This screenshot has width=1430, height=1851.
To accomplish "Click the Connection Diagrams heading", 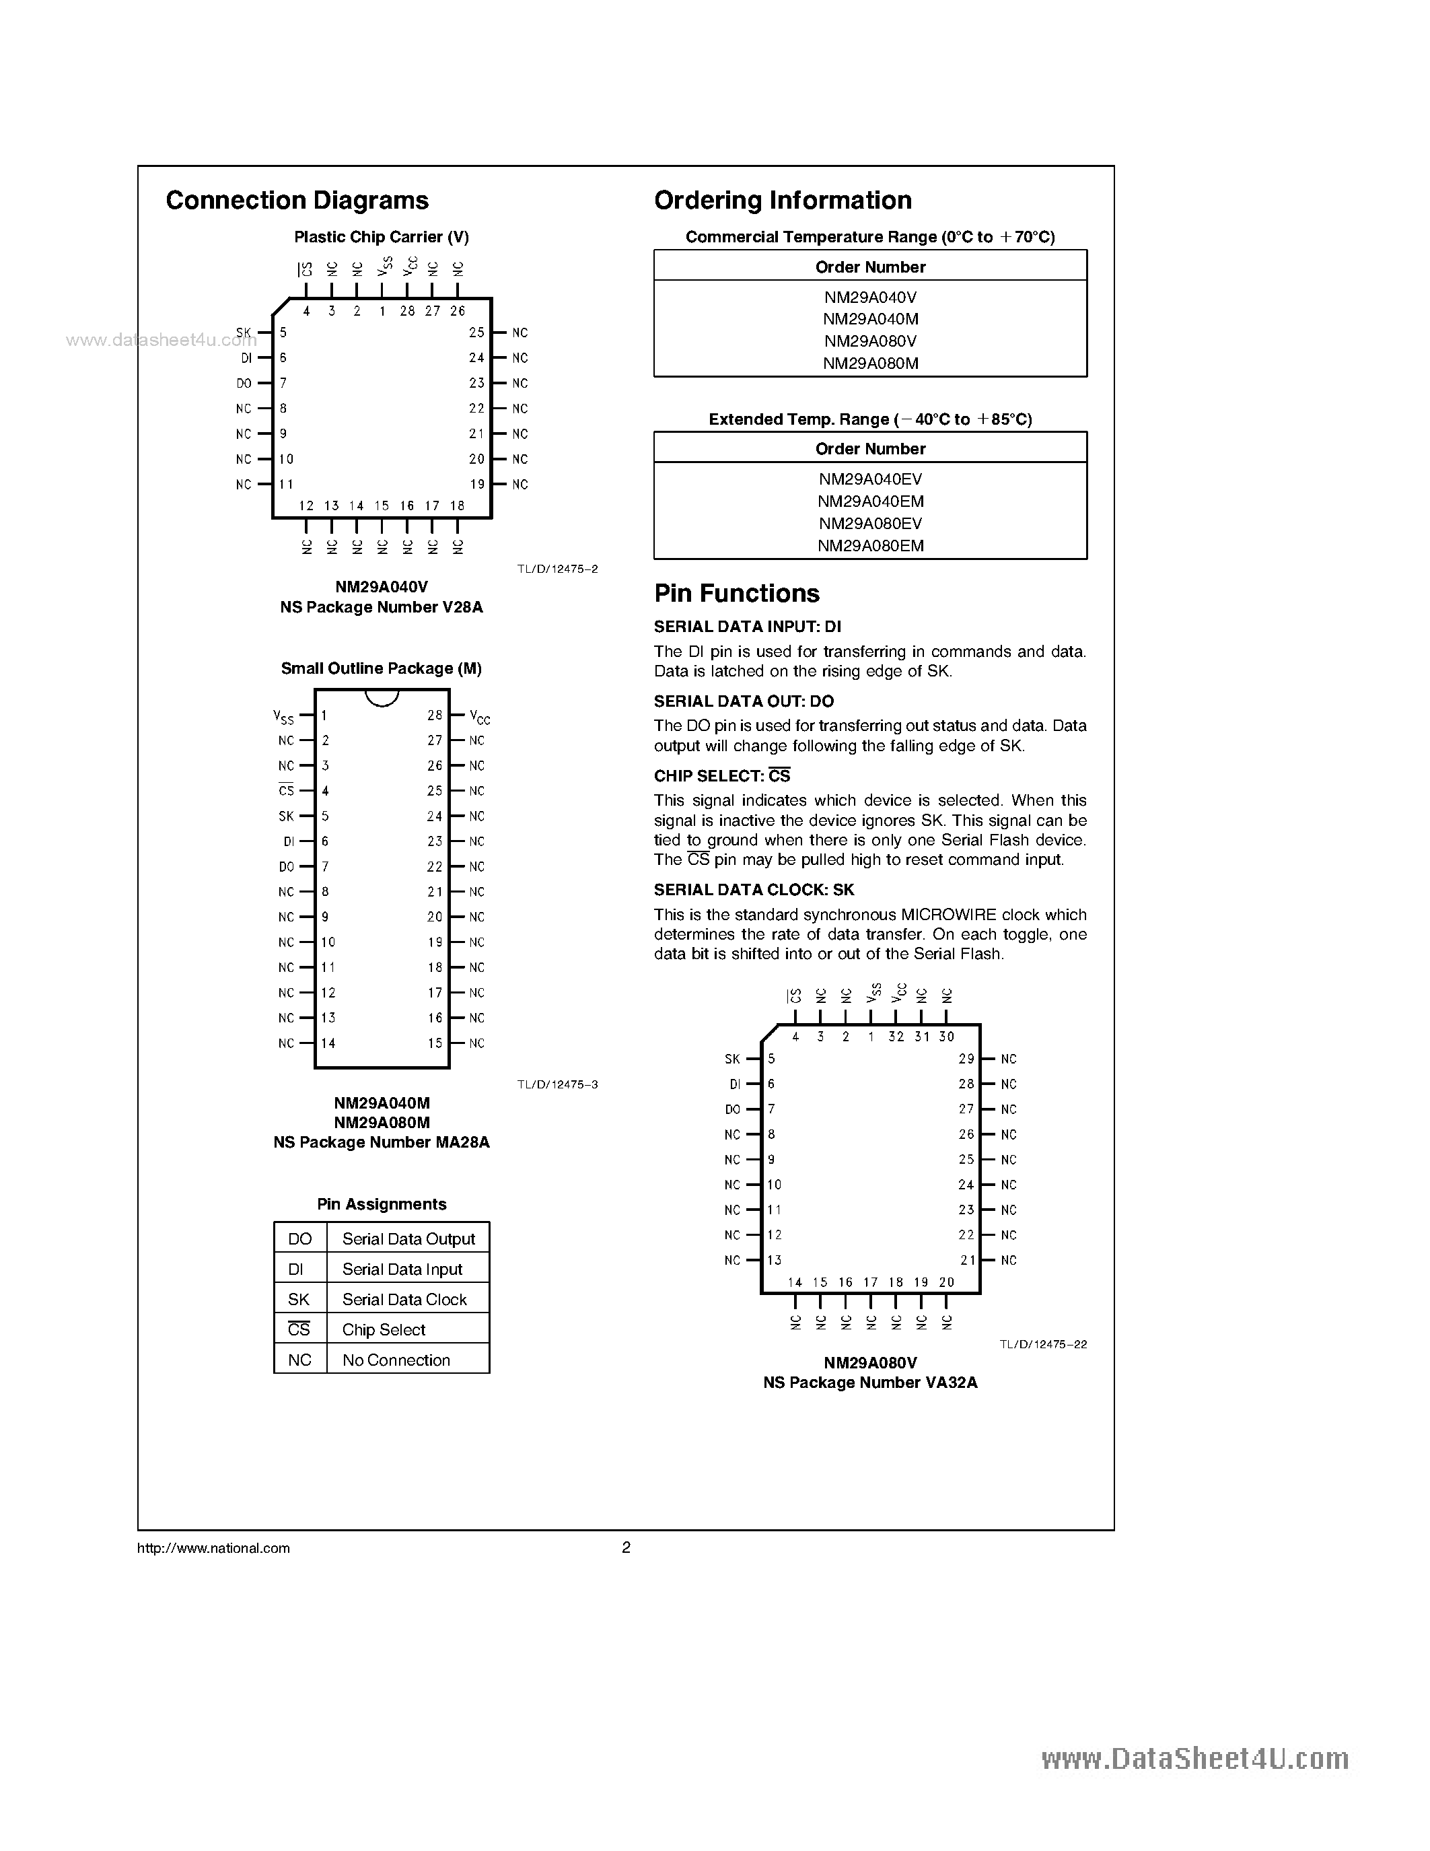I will (297, 201).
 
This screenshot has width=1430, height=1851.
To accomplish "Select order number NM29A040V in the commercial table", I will (870, 298).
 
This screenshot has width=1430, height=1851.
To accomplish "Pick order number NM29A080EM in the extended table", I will (870, 546).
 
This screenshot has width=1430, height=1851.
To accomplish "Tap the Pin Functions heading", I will (736, 593).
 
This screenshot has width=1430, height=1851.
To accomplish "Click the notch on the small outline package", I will (381, 697).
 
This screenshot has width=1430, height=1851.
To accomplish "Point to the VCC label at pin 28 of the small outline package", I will (480, 717).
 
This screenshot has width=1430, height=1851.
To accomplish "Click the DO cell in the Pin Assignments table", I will (300, 1238).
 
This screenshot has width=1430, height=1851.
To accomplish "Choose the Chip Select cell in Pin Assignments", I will (384, 1330).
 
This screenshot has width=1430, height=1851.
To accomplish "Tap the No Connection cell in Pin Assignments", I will (396, 1360).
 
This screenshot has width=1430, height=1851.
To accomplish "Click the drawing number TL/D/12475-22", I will (1043, 1343).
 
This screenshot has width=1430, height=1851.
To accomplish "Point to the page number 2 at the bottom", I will (626, 1547).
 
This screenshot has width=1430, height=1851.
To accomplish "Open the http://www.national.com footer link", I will (213, 1548).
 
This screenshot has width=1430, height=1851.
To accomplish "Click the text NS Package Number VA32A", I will (870, 1383).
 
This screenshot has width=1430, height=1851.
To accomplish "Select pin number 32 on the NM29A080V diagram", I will (896, 1037).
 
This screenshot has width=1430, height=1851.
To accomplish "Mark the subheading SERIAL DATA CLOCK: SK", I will (754, 890).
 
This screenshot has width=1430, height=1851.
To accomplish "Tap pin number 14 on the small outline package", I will (328, 1043).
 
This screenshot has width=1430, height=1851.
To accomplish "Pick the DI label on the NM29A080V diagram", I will (734, 1084).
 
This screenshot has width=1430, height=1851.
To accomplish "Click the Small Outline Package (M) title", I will (381, 668).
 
